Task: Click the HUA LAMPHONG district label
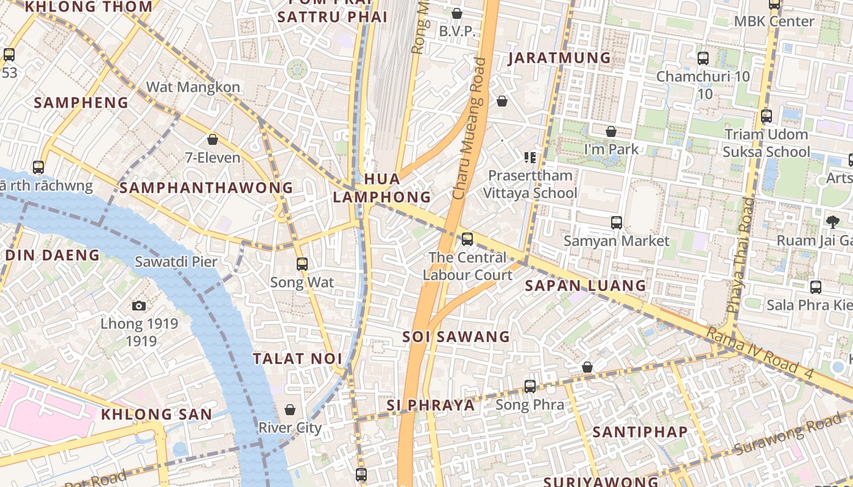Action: coord(382,188)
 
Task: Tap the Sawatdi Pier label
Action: coord(175,262)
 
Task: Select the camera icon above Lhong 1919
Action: coord(139,306)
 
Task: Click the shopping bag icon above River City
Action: coord(290,410)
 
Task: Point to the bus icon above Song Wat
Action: coord(302,264)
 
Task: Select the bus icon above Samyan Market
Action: coord(617,223)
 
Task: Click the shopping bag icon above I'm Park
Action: coord(611,131)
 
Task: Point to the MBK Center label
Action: coord(774,21)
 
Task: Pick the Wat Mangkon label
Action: coord(193,87)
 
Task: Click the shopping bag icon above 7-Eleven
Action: coord(213,139)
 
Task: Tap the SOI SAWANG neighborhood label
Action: coord(456,337)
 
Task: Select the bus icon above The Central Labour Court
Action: coord(467,239)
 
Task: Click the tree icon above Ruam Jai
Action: coord(832,222)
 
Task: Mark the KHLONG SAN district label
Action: coord(157,415)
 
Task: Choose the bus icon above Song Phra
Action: coord(530,386)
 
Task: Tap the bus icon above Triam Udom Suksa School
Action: coord(766,116)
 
